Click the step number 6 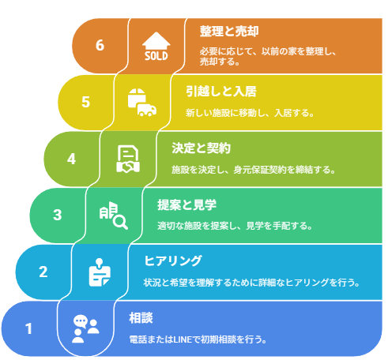pyautogui.click(x=100, y=45)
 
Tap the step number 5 pyautogui.click(x=85, y=102)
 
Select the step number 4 pyautogui.click(x=71, y=159)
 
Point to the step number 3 pyautogui.click(x=57, y=215)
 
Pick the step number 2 pyautogui.click(x=43, y=272)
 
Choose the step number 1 pyautogui.click(x=28, y=328)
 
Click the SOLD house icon pyautogui.click(x=156, y=47)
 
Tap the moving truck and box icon pyautogui.click(x=142, y=103)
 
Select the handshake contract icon pyautogui.click(x=128, y=159)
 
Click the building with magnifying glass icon pyautogui.click(x=114, y=216)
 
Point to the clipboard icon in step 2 pyautogui.click(x=100, y=272)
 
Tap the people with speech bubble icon pyautogui.click(x=85, y=329)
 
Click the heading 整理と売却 pyautogui.click(x=229, y=32)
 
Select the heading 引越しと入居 pyautogui.click(x=221, y=92)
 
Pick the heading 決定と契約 pyautogui.click(x=202, y=148)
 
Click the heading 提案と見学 pyautogui.click(x=187, y=204)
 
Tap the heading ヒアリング pyautogui.click(x=173, y=261)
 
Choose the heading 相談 pyautogui.click(x=141, y=317)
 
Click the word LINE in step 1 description pyautogui.click(x=183, y=339)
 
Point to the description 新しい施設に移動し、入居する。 pyautogui.click(x=250, y=113)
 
